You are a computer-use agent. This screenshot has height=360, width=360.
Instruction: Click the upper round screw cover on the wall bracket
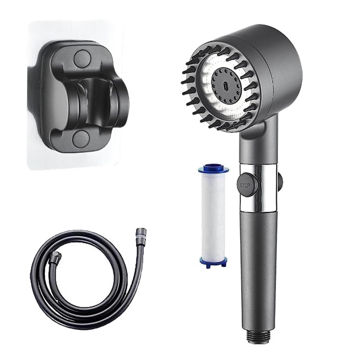click(x=81, y=58)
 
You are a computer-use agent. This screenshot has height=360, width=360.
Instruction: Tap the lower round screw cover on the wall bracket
click(x=81, y=139)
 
